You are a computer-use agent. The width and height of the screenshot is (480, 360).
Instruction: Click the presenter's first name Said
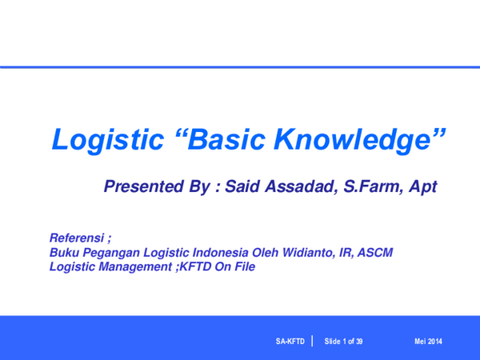point(242,187)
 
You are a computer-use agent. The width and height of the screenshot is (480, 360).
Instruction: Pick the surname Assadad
point(296,187)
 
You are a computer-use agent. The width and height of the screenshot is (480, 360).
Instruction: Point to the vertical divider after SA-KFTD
point(311,342)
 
